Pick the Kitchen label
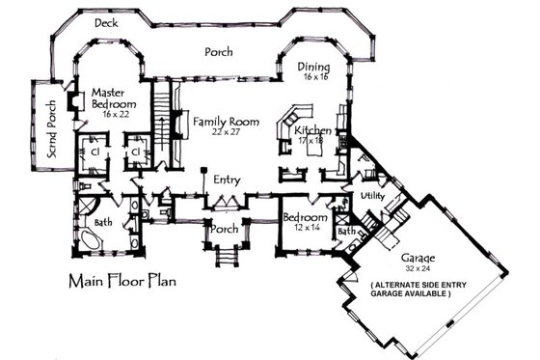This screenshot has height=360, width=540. (x=314, y=130)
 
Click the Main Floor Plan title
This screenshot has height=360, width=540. (x=123, y=284)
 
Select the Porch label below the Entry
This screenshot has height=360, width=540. (x=224, y=230)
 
